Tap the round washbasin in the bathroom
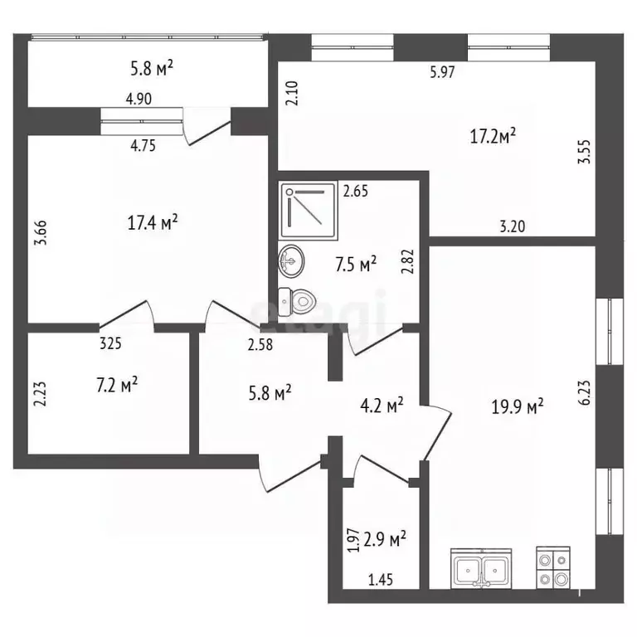(x=291, y=261)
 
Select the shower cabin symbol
(x=309, y=210)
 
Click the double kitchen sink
(x=481, y=568)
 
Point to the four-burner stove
(x=553, y=567)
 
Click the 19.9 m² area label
(x=518, y=406)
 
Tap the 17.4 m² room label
(x=153, y=222)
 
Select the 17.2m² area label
(x=493, y=136)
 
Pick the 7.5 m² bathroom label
(x=356, y=264)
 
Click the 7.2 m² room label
(x=117, y=385)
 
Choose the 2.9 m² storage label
(x=385, y=539)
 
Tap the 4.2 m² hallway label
(x=382, y=405)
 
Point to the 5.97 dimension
(x=442, y=72)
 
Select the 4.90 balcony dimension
(x=139, y=99)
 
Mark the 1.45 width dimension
(x=381, y=580)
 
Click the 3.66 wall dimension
(x=41, y=233)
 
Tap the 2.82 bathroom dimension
(x=407, y=261)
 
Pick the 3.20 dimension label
(x=513, y=226)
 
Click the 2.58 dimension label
(x=260, y=345)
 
